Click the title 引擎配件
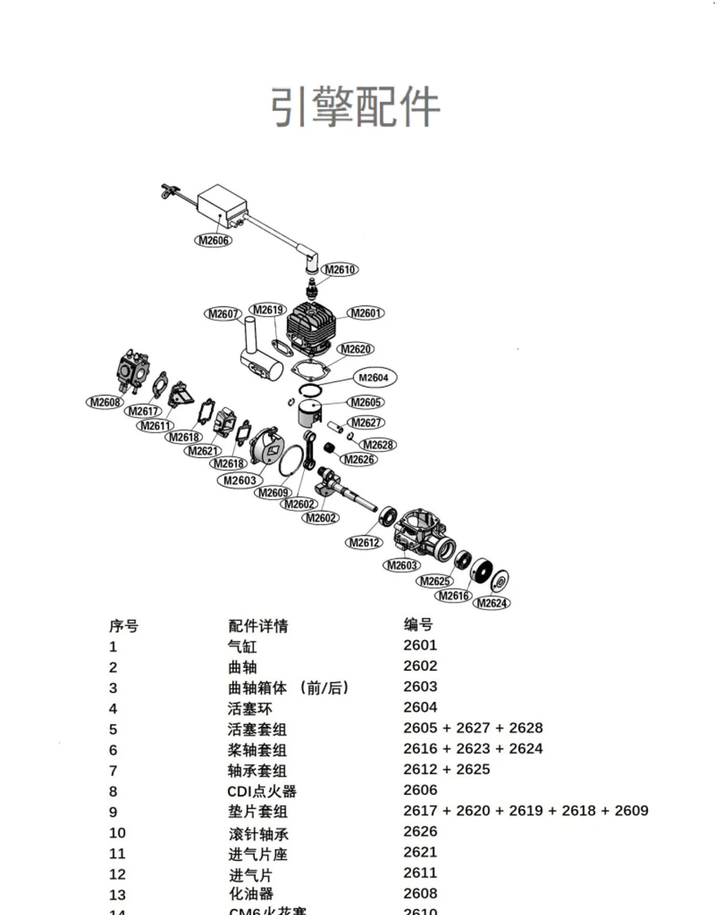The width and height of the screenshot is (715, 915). [x=356, y=107]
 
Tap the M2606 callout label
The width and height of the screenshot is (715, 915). [x=213, y=241]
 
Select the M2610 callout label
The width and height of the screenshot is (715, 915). [x=340, y=270]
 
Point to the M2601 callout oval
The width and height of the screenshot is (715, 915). [x=365, y=313]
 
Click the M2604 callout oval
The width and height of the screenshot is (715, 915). [x=374, y=378]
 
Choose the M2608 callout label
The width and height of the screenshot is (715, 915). [x=105, y=403]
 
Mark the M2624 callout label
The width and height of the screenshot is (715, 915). [x=492, y=603]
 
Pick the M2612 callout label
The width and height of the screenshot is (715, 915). [x=364, y=543]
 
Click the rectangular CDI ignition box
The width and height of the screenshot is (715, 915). [x=222, y=206]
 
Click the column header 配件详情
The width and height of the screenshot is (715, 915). [x=258, y=626]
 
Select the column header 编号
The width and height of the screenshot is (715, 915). [x=418, y=625]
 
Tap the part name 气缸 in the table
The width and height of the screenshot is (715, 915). [x=242, y=646]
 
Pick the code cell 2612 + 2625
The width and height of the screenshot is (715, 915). [x=446, y=770]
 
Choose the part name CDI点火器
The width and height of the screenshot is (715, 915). [x=262, y=791]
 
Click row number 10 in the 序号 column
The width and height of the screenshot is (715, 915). [x=117, y=833]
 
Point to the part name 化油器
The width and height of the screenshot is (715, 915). [x=251, y=894]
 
